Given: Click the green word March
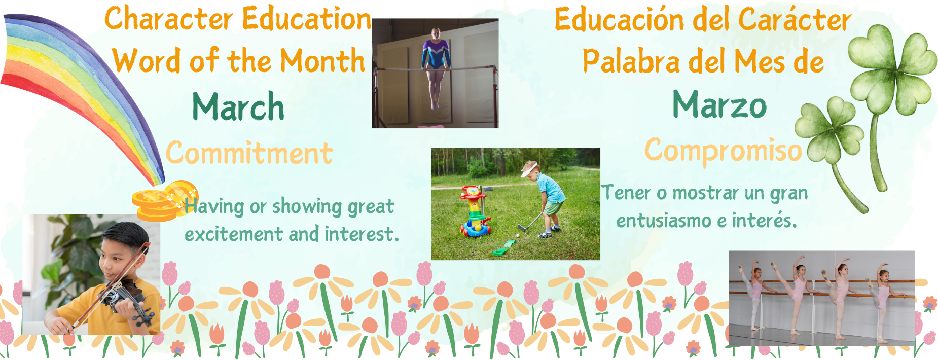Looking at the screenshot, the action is (238, 106).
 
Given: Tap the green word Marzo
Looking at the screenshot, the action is (719, 104).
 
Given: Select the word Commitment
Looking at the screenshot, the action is (249, 153).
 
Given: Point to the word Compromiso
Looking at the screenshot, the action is (724, 151).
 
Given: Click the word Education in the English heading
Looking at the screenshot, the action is (307, 19).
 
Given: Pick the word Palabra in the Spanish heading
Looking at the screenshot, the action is (631, 61).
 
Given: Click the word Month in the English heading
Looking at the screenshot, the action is (322, 61).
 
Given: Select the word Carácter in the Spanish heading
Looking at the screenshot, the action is (794, 20).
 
